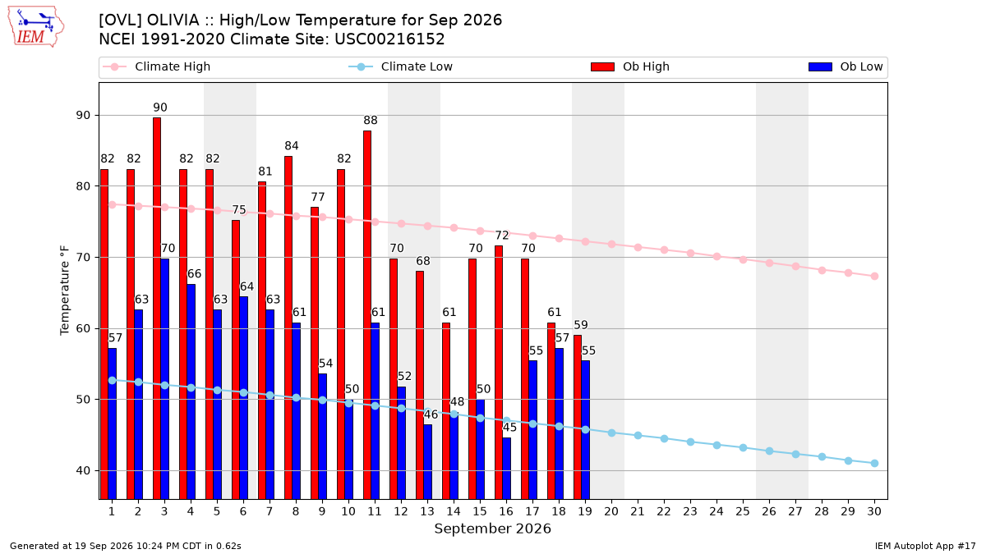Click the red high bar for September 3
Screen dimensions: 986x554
(157, 309)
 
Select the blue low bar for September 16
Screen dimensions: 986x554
(507, 469)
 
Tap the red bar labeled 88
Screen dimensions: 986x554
(367, 315)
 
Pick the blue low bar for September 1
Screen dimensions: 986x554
(113, 424)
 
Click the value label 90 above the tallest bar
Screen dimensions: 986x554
(160, 108)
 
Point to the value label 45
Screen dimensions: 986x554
(509, 428)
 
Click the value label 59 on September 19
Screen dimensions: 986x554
(581, 325)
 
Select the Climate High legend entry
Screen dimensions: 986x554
(157, 66)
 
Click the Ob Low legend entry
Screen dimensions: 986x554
(845, 66)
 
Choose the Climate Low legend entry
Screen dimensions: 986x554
(401, 66)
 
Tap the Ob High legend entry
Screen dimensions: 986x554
(630, 66)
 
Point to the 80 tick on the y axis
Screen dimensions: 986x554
(84, 186)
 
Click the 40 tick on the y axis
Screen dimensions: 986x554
(84, 471)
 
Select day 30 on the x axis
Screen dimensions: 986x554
(874, 511)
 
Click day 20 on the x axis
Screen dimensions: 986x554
(611, 511)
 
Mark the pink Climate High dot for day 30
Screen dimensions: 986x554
(874, 276)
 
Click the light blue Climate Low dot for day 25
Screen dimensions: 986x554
(743, 447)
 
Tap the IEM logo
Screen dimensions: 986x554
(36, 27)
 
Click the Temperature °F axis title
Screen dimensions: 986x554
(65, 291)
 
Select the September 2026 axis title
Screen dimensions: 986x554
(492, 529)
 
